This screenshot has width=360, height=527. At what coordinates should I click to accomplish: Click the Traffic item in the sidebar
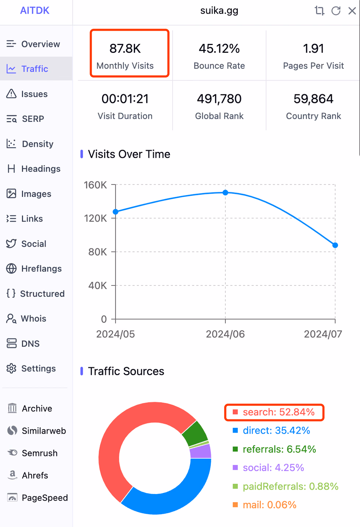[x=34, y=69]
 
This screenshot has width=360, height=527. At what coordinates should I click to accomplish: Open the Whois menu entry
[x=33, y=318]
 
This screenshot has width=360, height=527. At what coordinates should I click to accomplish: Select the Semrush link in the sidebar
[x=40, y=453]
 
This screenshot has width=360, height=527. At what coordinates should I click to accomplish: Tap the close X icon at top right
[x=352, y=11]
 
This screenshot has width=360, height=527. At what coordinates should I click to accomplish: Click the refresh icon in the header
[x=336, y=11]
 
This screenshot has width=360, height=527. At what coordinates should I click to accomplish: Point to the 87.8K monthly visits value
[x=125, y=49]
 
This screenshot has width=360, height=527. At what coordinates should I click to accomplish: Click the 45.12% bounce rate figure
[x=219, y=49]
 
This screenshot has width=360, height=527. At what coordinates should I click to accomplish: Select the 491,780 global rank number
[x=219, y=99]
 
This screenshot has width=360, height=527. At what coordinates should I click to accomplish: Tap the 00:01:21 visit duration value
[x=125, y=99]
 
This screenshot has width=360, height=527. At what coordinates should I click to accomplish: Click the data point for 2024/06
[x=225, y=193]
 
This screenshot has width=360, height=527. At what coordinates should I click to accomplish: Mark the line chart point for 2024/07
[x=335, y=245]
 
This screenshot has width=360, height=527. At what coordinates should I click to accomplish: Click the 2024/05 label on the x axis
[x=116, y=334]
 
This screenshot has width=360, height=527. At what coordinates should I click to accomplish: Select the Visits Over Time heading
[x=129, y=154]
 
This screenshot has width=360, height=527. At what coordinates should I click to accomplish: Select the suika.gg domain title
[x=219, y=11]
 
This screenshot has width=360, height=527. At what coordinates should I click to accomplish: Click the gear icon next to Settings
[x=11, y=369]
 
